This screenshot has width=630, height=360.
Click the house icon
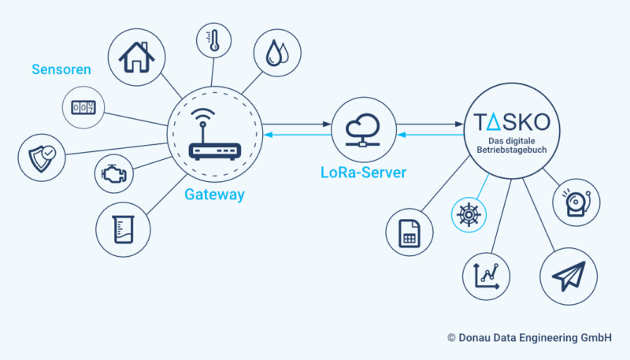pos(136,57)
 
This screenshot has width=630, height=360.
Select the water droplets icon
pos(277,54)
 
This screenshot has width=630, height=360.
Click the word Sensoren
pos(61,69)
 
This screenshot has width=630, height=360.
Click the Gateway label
pos(214,194)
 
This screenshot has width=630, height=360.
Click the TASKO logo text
pos(517,123)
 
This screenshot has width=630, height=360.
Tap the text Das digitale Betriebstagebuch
pos(517,147)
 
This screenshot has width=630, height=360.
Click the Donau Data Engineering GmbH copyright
pos(529,337)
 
